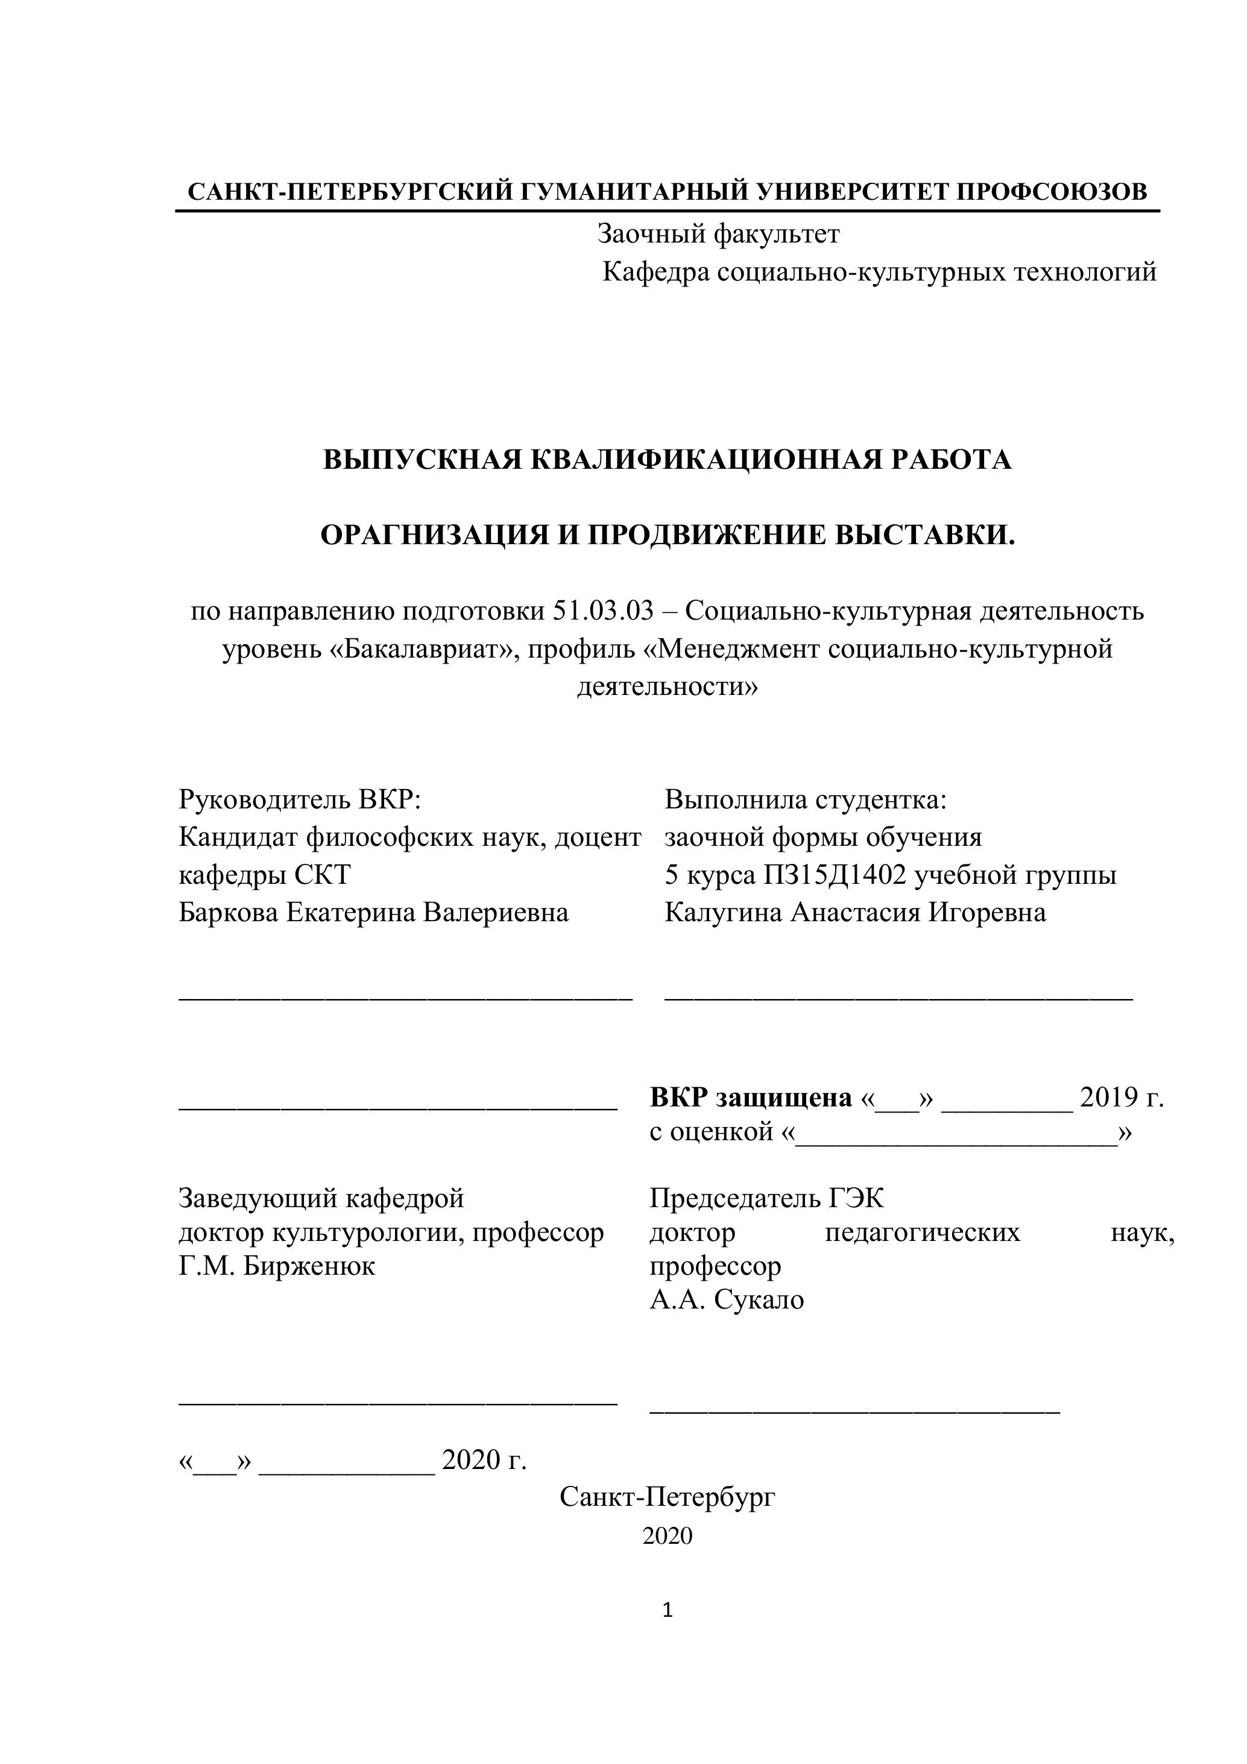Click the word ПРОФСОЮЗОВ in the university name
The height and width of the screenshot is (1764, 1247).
[x=1051, y=191]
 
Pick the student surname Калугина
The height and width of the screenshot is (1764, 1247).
[x=724, y=913]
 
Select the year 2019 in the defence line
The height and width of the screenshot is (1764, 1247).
[x=1108, y=1097]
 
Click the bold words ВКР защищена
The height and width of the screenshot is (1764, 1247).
[x=750, y=1097]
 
